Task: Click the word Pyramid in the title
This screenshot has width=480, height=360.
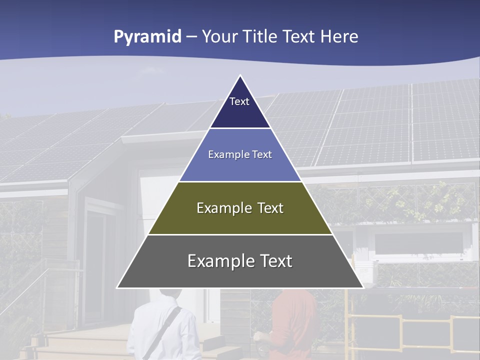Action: [147, 37]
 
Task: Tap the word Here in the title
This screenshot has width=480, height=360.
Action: [339, 37]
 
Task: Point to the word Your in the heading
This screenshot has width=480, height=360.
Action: [220, 37]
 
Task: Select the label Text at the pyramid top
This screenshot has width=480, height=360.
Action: [239, 101]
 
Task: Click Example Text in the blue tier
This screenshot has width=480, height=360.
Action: [240, 154]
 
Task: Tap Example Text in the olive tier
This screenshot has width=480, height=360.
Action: [240, 208]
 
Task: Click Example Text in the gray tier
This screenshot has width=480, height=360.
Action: [240, 261]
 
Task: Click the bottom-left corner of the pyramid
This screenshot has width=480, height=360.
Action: [118, 287]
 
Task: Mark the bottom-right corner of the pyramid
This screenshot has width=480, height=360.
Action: [363, 287]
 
